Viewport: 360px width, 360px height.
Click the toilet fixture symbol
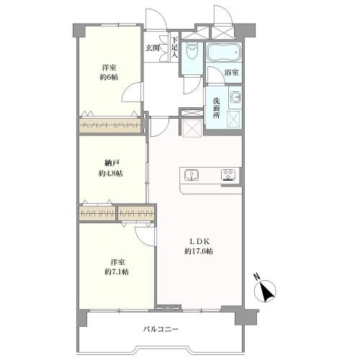(x=192, y=52)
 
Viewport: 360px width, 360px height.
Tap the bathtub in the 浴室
(x=223, y=53)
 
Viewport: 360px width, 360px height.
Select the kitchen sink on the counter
(x=192, y=175)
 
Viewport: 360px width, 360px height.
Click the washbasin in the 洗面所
(x=235, y=97)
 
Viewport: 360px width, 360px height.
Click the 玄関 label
(x=153, y=48)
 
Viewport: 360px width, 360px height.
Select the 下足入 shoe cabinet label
(x=174, y=48)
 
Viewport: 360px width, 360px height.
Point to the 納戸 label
(x=109, y=163)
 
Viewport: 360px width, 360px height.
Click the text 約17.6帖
(x=199, y=251)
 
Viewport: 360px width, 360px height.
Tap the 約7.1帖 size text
(x=117, y=272)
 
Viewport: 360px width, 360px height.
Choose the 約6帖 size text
(x=109, y=77)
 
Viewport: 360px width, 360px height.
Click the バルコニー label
(x=161, y=329)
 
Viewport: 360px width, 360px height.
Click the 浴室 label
(x=232, y=72)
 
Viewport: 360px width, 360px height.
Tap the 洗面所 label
(x=217, y=108)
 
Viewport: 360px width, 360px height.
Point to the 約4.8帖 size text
(x=111, y=174)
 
